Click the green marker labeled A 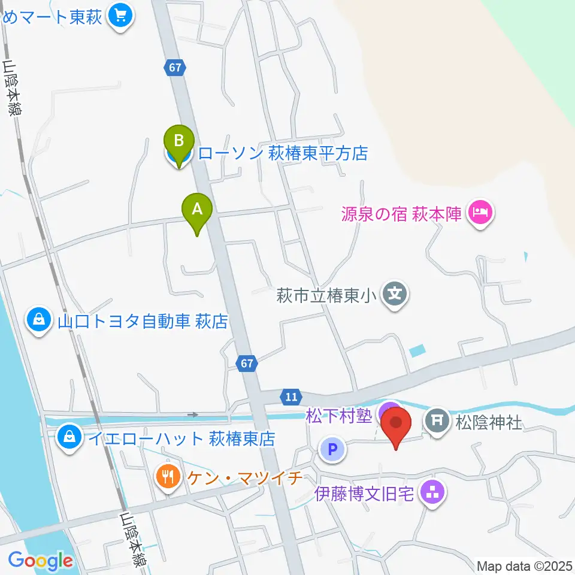pyautogui.click(x=197, y=211)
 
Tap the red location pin pyautogui.click(x=397, y=425)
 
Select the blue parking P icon pyautogui.click(x=332, y=449)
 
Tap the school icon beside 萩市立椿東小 pyautogui.click(x=395, y=294)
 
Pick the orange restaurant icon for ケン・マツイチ pyautogui.click(x=167, y=476)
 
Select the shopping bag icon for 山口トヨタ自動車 pyautogui.click(x=39, y=320)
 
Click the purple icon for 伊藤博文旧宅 pyautogui.click(x=432, y=494)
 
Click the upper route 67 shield pyautogui.click(x=174, y=68)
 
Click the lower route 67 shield pyautogui.click(x=248, y=363)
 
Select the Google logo pyautogui.click(x=40, y=561)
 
